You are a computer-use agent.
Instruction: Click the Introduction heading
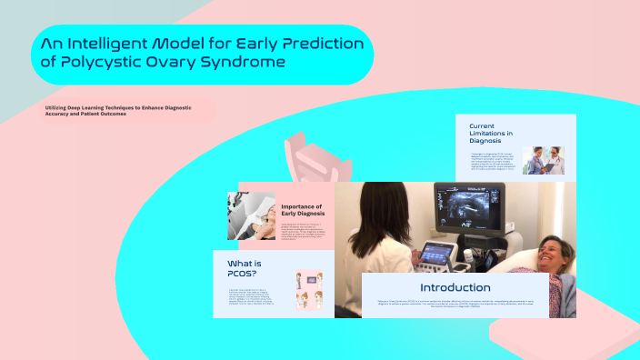455,287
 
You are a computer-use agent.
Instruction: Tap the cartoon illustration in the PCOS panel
308,291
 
